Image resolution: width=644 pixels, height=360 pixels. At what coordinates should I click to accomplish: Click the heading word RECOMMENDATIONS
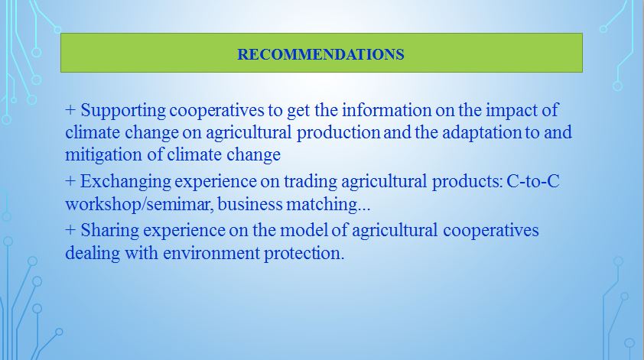pos(320,54)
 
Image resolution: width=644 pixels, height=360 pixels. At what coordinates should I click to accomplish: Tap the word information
pos(386,110)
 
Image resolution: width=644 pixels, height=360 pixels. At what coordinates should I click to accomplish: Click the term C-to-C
pos(533,181)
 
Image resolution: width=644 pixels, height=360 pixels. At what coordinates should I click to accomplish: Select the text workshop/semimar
pos(139,204)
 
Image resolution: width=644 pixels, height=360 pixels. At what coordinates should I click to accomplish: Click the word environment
pos(212,253)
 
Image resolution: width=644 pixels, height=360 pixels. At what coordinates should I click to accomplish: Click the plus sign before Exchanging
pos(70,181)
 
